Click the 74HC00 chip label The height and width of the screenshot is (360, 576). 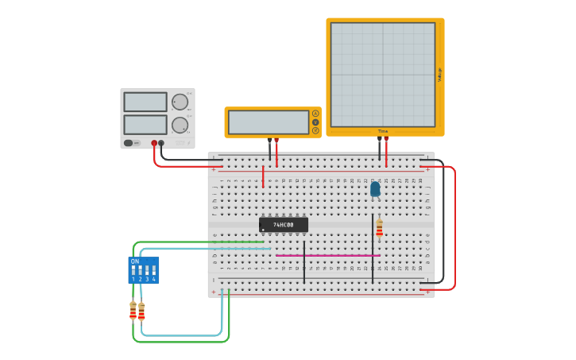284,225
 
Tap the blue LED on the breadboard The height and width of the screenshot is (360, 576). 375,189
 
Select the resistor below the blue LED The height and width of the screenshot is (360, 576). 379,228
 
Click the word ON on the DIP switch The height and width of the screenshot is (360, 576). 135,261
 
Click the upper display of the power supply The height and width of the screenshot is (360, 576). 145,102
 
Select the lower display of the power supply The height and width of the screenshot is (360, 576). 145,125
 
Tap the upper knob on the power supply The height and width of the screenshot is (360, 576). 180,102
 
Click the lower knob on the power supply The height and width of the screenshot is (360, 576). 180,125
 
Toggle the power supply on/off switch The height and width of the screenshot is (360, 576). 128,143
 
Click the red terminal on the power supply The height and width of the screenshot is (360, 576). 154,143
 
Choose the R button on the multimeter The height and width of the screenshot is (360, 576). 315,130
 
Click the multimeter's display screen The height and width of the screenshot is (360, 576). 269,122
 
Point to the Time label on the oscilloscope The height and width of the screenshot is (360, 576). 383,131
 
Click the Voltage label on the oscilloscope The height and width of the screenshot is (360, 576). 439,75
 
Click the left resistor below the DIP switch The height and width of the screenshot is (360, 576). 133,310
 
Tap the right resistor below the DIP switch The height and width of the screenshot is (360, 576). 141,311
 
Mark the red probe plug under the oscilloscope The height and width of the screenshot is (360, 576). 386,140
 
